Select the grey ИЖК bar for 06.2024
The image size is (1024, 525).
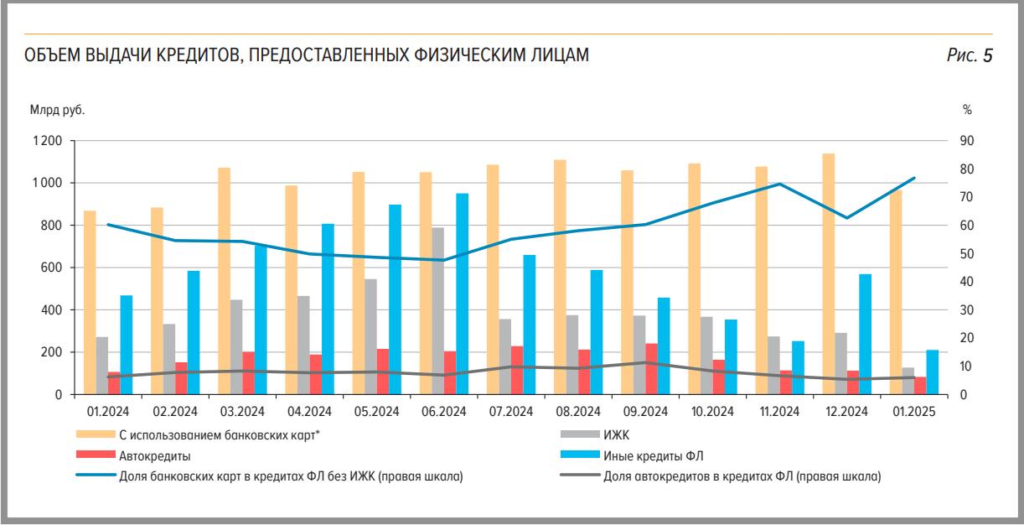point(437,310)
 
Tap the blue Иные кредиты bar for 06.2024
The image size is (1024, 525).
point(462,294)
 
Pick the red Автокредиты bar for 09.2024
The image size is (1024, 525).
point(651,369)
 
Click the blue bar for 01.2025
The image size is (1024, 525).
point(932,372)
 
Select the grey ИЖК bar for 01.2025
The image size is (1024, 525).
point(908,381)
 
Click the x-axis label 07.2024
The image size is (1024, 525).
point(510,412)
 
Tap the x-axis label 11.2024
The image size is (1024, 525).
point(779,412)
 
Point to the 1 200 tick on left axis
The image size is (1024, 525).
point(48,141)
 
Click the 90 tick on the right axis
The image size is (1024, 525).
point(966,141)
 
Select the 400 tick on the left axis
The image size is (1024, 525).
point(52,310)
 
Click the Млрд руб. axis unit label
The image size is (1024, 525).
point(57,110)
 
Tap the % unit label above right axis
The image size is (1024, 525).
point(966,110)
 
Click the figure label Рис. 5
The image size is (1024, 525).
point(970,56)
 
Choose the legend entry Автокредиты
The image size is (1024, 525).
point(155,456)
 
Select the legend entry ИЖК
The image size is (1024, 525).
point(615,435)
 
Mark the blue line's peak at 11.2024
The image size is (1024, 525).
point(779,184)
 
